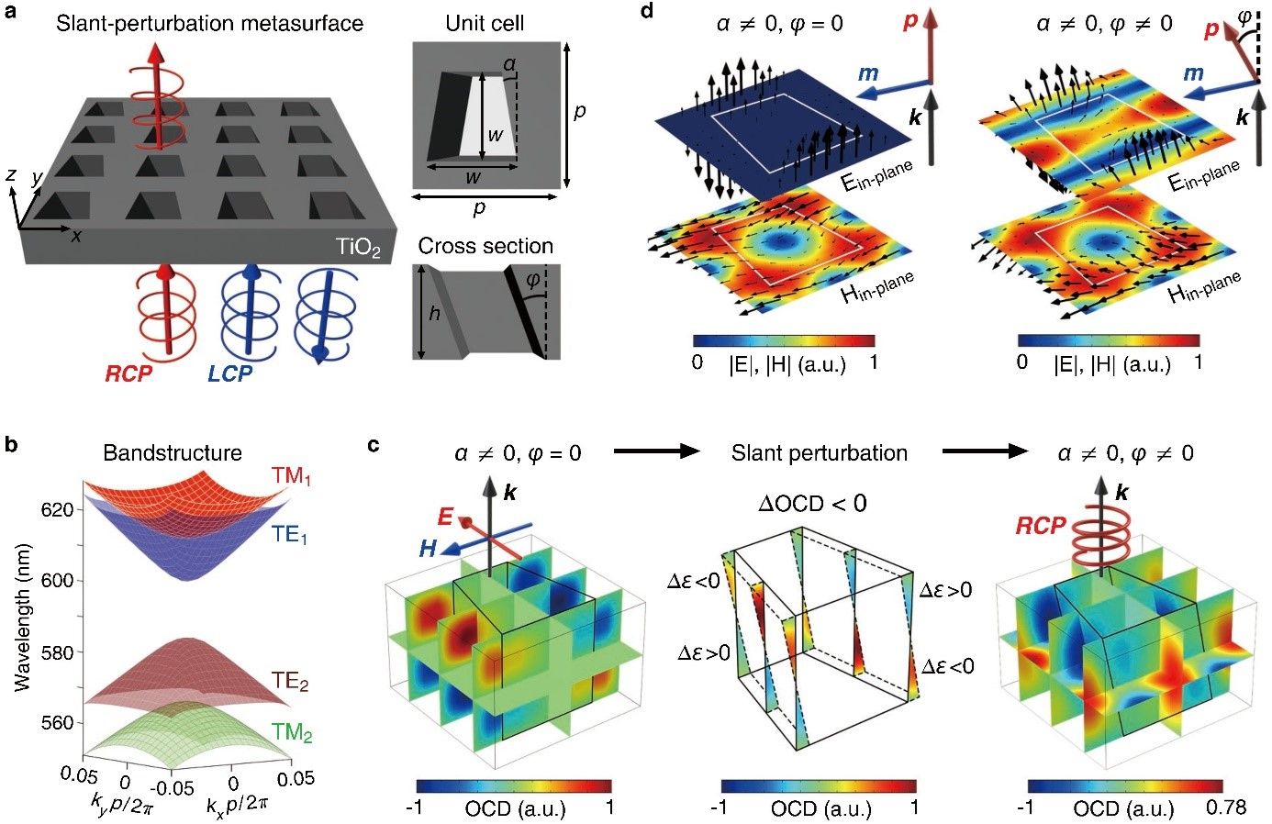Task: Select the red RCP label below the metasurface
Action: click(x=128, y=373)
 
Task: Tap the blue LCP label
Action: click(x=229, y=373)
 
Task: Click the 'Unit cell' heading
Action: click(x=485, y=23)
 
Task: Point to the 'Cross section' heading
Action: click(x=485, y=246)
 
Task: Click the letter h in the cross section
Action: click(x=434, y=314)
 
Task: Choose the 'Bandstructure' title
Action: click(x=173, y=452)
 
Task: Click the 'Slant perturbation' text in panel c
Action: click(x=819, y=452)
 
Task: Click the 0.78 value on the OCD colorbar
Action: click(x=1228, y=808)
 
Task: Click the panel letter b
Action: click(x=12, y=446)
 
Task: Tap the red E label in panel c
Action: click(x=447, y=517)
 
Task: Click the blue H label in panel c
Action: click(x=428, y=549)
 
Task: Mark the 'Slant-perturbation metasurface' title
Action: click(x=209, y=23)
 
